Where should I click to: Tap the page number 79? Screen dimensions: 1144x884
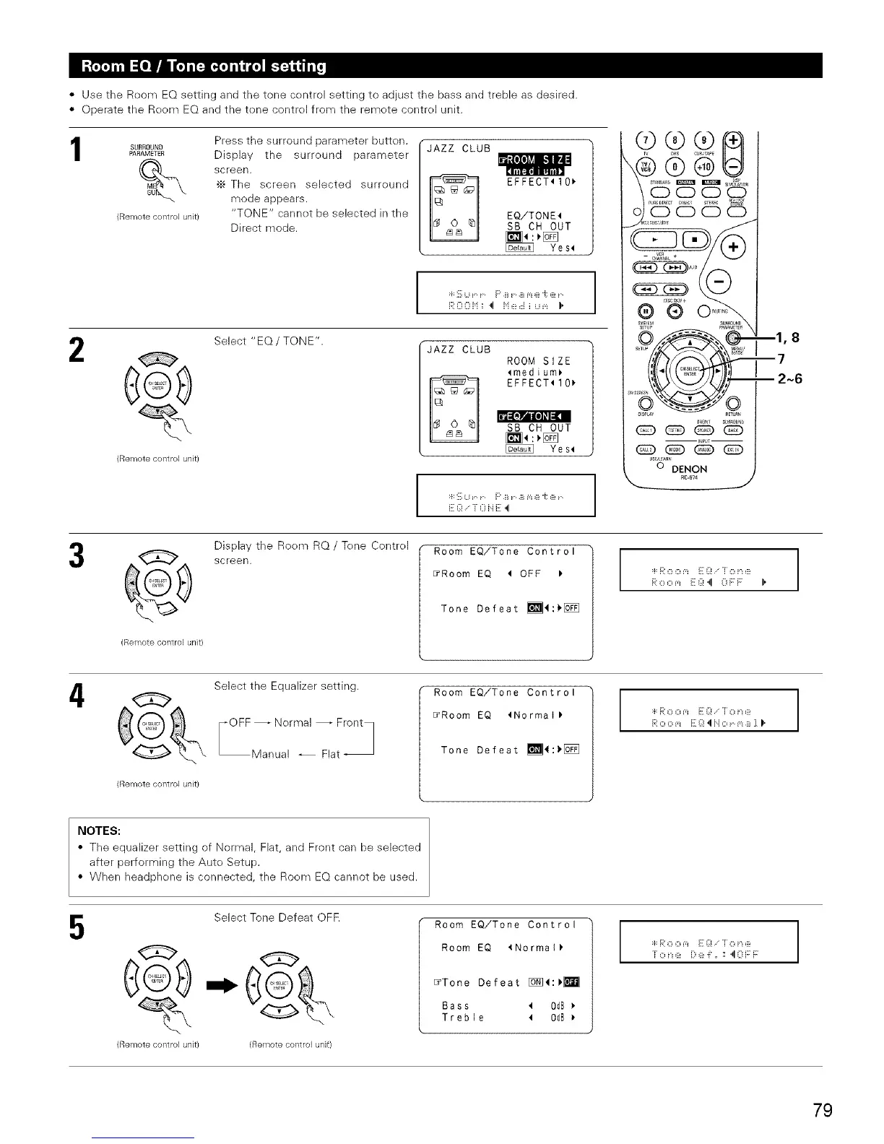[822, 1110]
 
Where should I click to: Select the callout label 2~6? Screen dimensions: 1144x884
[787, 379]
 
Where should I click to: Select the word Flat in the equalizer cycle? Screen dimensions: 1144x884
[330, 755]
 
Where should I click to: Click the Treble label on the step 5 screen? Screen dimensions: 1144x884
[463, 1018]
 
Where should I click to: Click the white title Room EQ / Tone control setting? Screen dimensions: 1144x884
[204, 66]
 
